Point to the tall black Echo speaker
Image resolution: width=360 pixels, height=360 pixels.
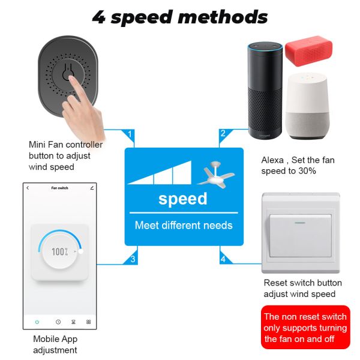[x=265, y=90]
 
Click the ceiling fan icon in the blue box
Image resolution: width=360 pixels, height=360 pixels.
[x=214, y=174]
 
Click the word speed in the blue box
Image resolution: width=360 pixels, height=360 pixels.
[x=183, y=199]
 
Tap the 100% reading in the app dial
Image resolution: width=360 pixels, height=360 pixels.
[x=59, y=252]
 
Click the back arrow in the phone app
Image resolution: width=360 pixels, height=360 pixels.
[x=28, y=188]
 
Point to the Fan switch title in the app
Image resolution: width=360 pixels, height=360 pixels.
[x=59, y=188]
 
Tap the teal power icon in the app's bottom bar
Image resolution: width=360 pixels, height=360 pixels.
[x=37, y=322]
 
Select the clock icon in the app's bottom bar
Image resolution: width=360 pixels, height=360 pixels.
[x=58, y=322]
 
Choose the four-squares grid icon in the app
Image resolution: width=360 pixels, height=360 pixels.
[x=89, y=322]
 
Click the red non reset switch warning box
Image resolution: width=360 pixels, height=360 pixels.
[x=305, y=328]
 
